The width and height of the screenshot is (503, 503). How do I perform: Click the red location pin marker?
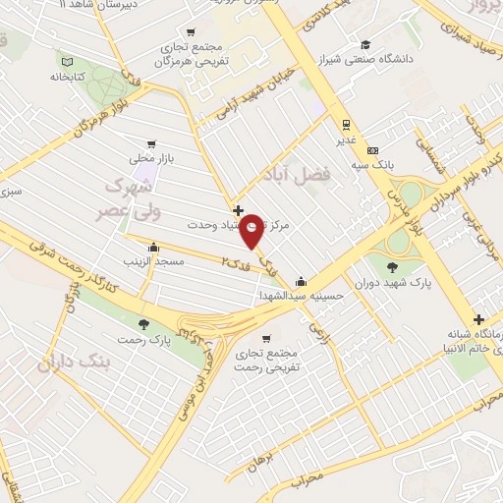click(x=252, y=232)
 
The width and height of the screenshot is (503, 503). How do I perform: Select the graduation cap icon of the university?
click(x=364, y=43)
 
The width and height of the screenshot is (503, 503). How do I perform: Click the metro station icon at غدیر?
click(x=346, y=124)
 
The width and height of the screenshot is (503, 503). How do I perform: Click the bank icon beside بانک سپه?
click(x=372, y=150)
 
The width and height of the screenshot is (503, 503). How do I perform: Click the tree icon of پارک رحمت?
click(x=144, y=323)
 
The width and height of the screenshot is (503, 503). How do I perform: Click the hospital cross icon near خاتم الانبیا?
click(x=478, y=319)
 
